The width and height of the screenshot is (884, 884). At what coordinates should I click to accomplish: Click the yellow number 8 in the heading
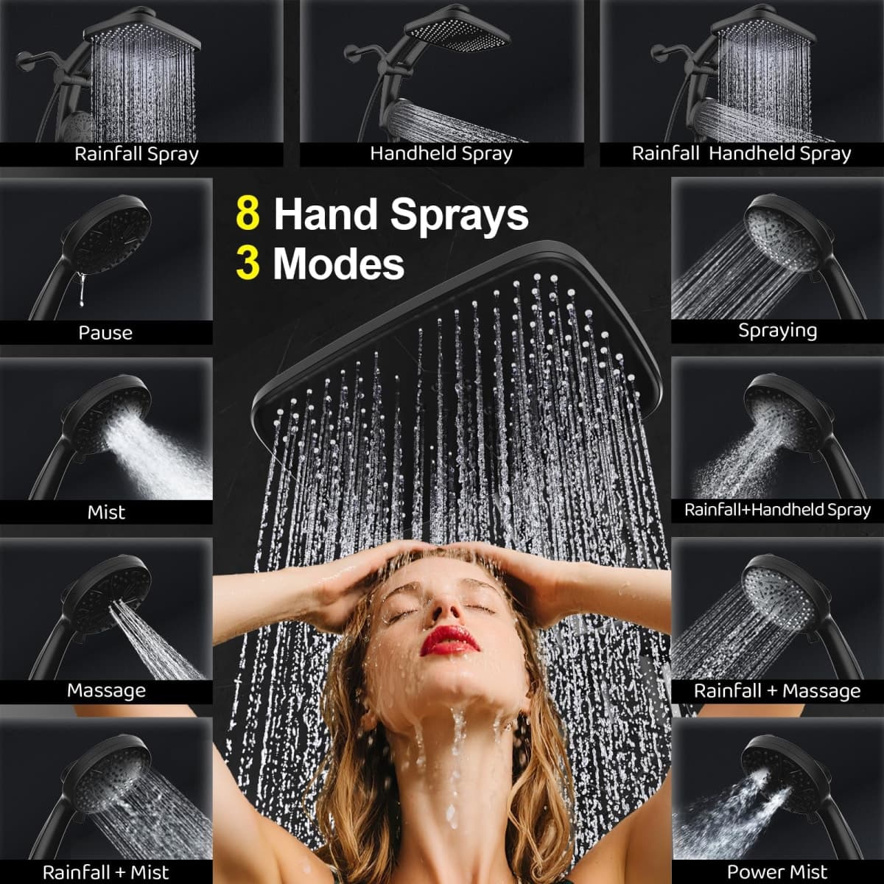[x=248, y=214]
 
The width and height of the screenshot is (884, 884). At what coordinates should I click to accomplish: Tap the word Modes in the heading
[x=339, y=264]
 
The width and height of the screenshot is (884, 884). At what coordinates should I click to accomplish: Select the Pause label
[x=105, y=332]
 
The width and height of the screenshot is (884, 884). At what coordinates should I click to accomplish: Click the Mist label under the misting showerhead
[x=106, y=512]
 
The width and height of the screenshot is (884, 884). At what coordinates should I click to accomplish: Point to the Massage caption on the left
[x=106, y=690]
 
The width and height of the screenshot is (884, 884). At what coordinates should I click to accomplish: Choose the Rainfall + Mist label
[x=106, y=871]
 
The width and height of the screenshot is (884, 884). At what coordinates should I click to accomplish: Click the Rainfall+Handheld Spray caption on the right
[x=778, y=510]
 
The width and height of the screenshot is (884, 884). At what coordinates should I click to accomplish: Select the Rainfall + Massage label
[x=777, y=690]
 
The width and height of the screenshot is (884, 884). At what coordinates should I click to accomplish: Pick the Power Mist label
[x=777, y=871]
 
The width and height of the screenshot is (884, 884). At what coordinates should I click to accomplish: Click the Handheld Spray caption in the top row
[x=441, y=154]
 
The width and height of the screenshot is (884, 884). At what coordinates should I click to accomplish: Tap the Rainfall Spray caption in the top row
[x=137, y=154]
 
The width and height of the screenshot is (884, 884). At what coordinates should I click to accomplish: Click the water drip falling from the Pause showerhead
[x=81, y=289]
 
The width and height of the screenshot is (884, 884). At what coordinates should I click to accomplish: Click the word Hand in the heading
[x=326, y=214]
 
